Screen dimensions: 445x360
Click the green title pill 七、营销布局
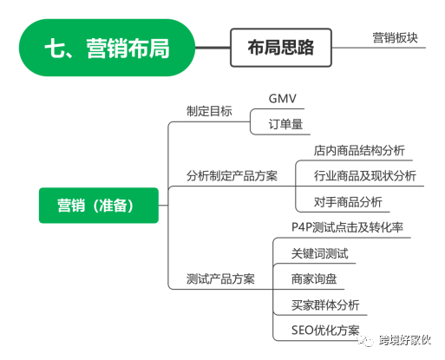click(107, 48)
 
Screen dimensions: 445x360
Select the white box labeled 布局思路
click(281, 48)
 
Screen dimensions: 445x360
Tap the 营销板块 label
click(395, 38)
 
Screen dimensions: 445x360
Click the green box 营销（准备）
click(99, 206)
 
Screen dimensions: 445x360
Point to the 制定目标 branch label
click(209, 111)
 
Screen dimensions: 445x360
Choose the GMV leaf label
click(282, 99)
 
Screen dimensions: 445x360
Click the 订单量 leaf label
click(285, 124)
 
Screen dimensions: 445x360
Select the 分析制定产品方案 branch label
click(232, 176)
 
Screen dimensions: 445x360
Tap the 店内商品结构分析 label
click(359, 150)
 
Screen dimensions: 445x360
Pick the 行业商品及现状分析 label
click(365, 176)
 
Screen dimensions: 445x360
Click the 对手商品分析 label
click(348, 202)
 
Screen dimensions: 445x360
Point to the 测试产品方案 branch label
click(220, 279)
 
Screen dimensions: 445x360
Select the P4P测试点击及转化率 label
click(347, 227)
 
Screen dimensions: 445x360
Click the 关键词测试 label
click(319, 253)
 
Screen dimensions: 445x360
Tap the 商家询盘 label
click(314, 279)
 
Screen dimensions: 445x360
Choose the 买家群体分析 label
click(325, 304)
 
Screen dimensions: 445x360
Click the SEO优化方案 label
click(325, 331)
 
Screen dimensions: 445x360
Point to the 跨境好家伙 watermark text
click(405, 340)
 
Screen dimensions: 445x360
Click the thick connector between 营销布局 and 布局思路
click(213, 48)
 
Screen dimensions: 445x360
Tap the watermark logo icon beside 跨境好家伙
click(367, 341)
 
